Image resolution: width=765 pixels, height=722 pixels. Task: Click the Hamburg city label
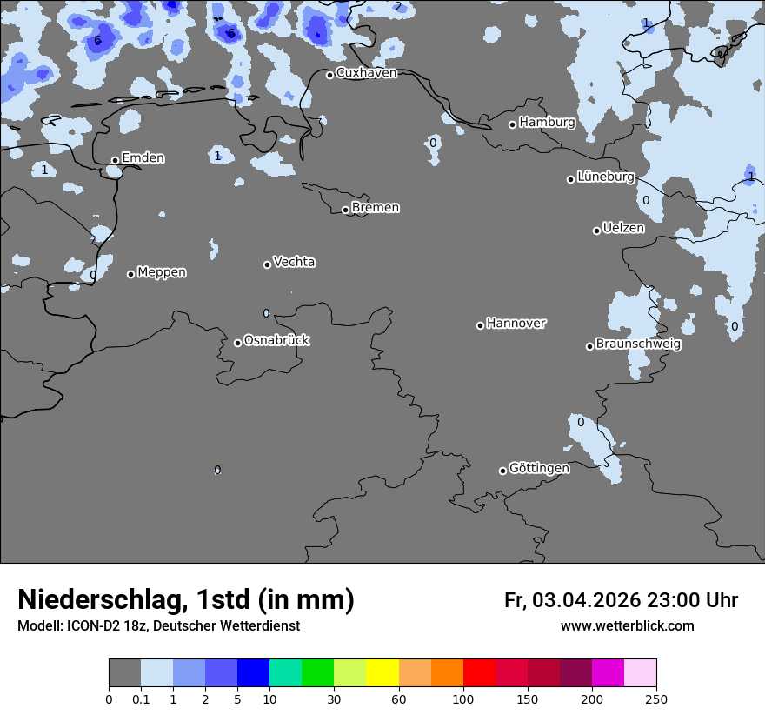(x=547, y=123)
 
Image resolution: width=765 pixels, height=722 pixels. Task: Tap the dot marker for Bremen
(x=345, y=210)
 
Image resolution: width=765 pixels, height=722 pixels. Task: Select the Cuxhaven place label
(x=366, y=73)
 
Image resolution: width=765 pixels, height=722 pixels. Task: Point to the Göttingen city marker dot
(x=502, y=471)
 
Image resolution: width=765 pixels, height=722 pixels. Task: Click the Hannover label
(x=516, y=324)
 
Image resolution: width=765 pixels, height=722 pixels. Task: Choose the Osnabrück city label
(x=276, y=340)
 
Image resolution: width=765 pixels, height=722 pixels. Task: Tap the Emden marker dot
(x=115, y=160)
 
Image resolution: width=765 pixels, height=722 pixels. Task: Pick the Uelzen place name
(x=623, y=228)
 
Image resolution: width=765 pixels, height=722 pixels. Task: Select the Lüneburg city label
(x=605, y=177)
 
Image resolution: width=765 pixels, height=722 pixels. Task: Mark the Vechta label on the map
(x=294, y=262)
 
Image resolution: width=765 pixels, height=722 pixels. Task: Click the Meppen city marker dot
(x=130, y=274)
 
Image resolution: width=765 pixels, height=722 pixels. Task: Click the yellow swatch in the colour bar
(x=382, y=673)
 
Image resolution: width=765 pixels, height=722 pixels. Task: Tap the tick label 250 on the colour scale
(x=655, y=699)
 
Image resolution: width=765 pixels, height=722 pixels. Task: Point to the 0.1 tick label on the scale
(x=141, y=699)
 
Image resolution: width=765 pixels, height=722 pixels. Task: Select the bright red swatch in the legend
(x=478, y=673)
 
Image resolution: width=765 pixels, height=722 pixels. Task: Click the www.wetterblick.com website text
(x=627, y=626)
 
